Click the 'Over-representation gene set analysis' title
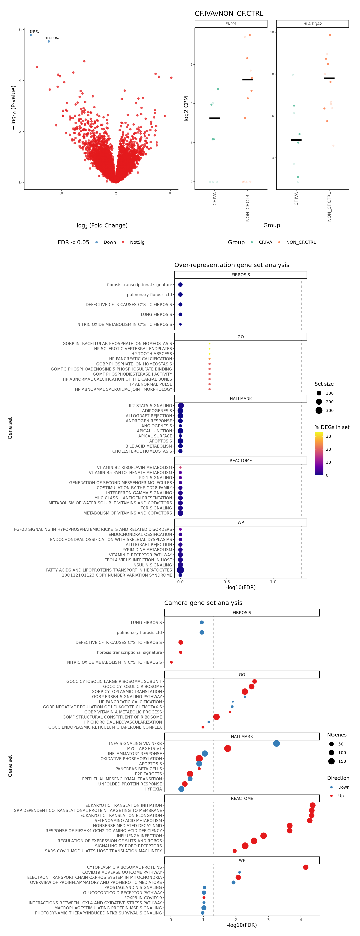tap(232, 265)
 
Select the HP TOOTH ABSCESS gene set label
tap(151, 354)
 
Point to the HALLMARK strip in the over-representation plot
tap(241, 399)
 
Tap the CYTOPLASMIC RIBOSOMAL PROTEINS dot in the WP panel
tap(305, 867)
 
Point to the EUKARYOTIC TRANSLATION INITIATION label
tap(124, 805)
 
